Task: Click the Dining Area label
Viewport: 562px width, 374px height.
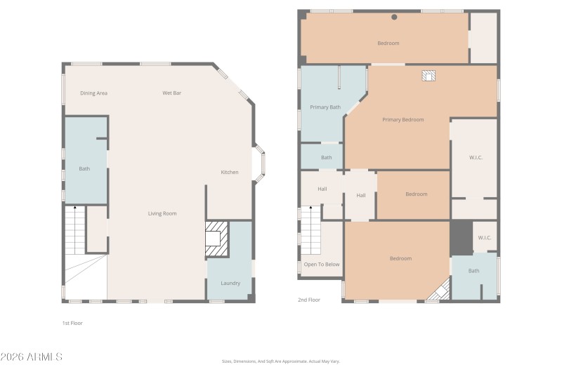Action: pos(93,93)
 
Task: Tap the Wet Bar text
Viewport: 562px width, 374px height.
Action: pos(172,93)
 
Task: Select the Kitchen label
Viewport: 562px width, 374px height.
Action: pos(230,172)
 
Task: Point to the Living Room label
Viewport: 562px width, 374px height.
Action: pos(162,213)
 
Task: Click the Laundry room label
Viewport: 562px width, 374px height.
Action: pos(230,283)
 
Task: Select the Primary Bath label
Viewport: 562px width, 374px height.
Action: pos(325,107)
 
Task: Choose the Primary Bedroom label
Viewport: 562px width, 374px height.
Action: pos(403,119)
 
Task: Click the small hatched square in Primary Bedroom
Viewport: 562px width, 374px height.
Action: pos(429,76)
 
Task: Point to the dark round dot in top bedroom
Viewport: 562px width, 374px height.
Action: pos(394,17)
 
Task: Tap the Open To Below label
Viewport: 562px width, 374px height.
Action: pos(322,265)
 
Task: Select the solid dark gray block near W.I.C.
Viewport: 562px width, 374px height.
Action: pos(461,238)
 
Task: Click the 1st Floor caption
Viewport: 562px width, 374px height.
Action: pos(73,323)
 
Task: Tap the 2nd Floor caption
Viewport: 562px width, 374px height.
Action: pos(308,300)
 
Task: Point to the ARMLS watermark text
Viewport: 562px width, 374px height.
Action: pos(32,356)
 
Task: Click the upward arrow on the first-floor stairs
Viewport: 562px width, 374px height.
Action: pos(75,209)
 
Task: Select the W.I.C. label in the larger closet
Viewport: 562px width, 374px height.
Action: pos(476,157)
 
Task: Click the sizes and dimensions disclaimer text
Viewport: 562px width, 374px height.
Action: pos(280,361)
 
